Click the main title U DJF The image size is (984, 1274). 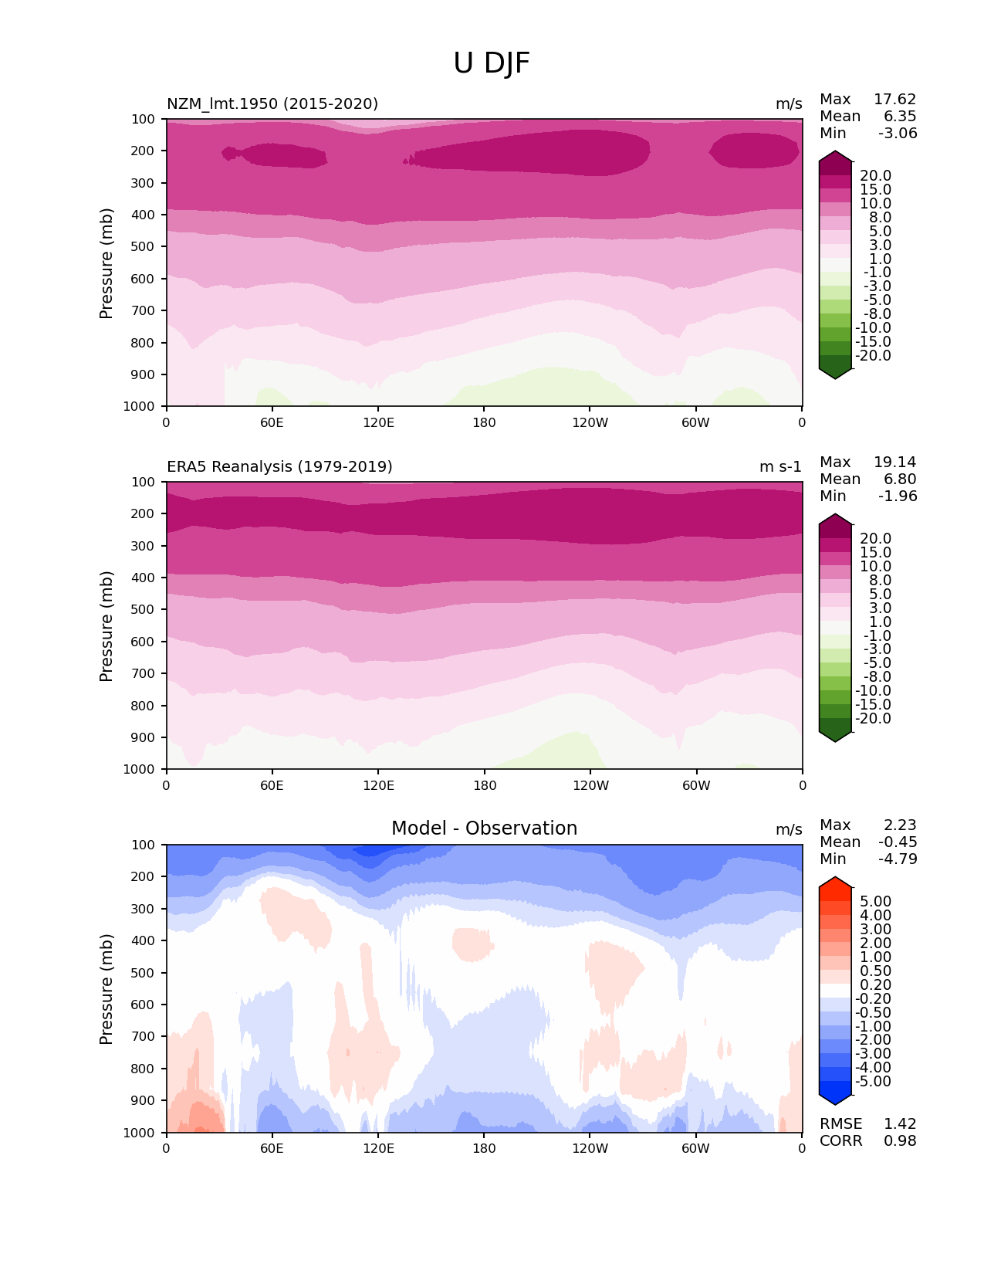[x=492, y=63]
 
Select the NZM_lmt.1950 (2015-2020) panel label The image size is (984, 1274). [x=272, y=103]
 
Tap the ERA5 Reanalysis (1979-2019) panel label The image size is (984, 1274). [x=279, y=466]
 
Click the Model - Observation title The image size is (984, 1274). [x=484, y=828]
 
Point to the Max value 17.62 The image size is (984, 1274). [x=894, y=100]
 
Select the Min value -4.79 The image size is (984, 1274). [x=898, y=859]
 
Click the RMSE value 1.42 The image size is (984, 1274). [x=900, y=1124]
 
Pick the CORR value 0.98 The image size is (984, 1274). [x=900, y=1141]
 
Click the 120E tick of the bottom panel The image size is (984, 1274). [x=378, y=1148]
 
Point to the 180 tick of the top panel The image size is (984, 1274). [x=484, y=422]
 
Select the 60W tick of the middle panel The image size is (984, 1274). [x=696, y=785]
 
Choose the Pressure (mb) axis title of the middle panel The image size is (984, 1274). [x=107, y=626]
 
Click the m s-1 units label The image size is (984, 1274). [x=780, y=466]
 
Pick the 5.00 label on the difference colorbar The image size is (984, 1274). [x=875, y=902]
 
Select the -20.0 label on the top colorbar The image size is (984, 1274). [x=873, y=356]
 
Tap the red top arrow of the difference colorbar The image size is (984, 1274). [x=835, y=884]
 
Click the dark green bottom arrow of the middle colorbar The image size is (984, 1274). [x=835, y=735]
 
